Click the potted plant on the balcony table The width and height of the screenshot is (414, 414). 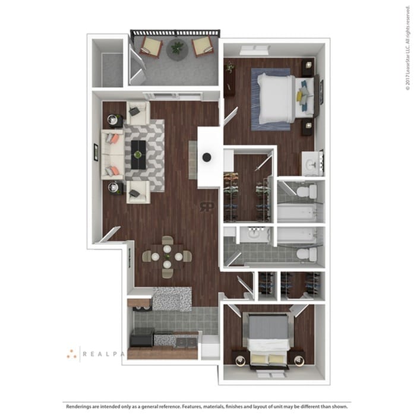coord(177,47)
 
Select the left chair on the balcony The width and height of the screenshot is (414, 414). coord(150,46)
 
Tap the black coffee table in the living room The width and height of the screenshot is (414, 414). coord(138,154)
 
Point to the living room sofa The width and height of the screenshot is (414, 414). coord(111,154)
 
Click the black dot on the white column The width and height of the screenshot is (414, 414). coord(207,157)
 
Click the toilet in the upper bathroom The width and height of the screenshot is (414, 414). coord(306,191)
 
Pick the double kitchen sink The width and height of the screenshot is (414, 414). coord(185,342)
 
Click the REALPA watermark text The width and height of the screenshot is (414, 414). coord(103,354)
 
